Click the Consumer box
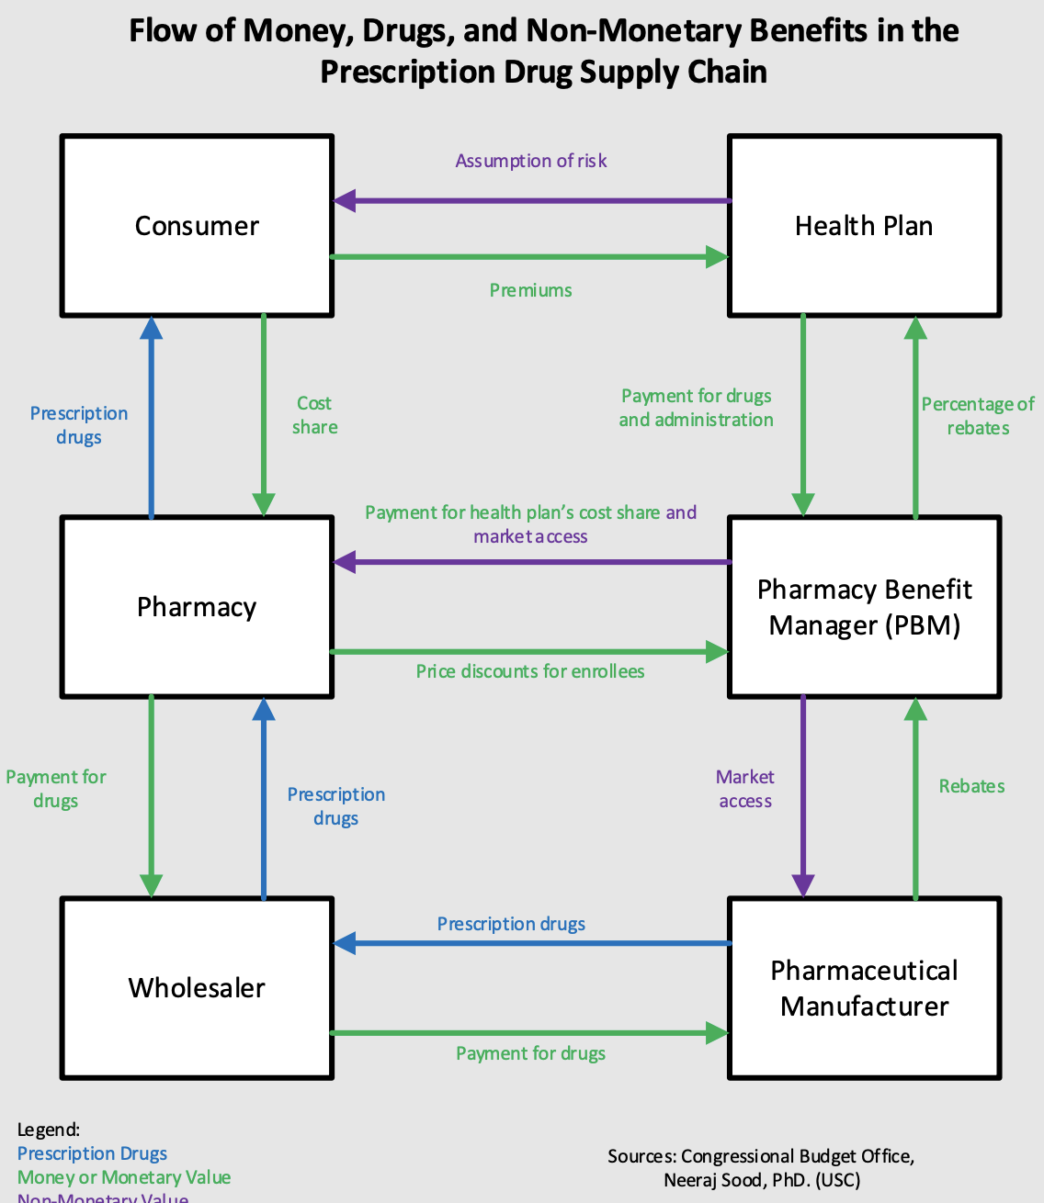pos(197,226)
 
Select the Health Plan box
pos(864,226)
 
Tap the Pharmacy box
pos(197,607)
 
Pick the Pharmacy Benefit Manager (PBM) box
pos(864,607)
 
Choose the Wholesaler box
pos(197,988)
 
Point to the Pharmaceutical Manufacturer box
pos(864,988)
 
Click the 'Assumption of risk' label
pos(531,161)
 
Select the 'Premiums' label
pos(531,290)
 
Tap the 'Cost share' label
pos(314,415)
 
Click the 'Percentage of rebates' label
pos(978,416)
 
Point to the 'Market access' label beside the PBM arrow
pos(745,789)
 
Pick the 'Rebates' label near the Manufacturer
pos(971,786)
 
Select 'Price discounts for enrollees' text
pos(530,671)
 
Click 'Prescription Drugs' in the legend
pos(93,1153)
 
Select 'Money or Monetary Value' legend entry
pos(124,1177)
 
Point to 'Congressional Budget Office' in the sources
pos(797,1156)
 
